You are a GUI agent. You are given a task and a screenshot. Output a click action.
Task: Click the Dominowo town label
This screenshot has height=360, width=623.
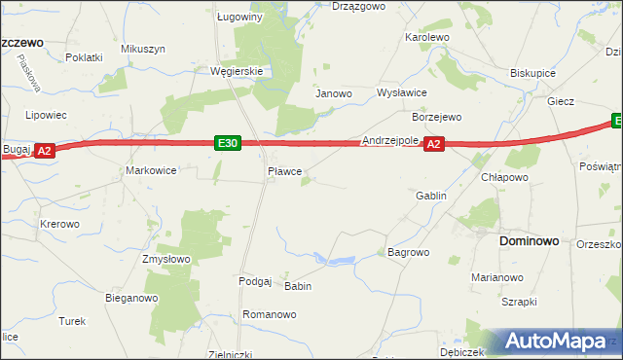pyautogui.click(x=529, y=239)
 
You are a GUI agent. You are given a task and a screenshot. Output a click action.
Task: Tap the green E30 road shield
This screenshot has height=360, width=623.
pyautogui.click(x=228, y=144)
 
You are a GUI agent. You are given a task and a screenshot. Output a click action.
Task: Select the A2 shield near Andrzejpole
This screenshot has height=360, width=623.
pyautogui.click(x=434, y=144)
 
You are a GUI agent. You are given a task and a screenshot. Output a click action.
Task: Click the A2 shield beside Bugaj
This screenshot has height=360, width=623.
pyautogui.click(x=45, y=151)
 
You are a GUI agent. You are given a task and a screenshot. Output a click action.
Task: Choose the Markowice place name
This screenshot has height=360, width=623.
pyautogui.click(x=151, y=170)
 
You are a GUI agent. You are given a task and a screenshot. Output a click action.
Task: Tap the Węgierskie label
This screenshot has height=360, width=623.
pyautogui.click(x=238, y=71)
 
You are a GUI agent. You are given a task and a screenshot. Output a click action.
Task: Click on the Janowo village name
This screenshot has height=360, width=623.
pyautogui.click(x=333, y=94)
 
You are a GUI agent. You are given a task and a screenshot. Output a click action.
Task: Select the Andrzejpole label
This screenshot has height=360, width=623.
pyautogui.click(x=389, y=140)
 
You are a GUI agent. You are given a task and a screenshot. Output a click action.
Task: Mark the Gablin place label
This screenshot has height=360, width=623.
pyautogui.click(x=430, y=196)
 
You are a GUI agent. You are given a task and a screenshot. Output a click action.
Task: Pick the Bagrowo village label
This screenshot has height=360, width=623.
pyautogui.click(x=408, y=252)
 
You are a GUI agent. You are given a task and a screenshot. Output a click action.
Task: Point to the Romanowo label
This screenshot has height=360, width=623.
pyautogui.click(x=269, y=315)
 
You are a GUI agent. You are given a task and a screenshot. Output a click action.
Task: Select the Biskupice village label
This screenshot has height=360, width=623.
pyautogui.click(x=532, y=73)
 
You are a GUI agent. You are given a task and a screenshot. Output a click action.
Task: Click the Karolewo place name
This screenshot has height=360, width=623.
pyautogui.click(x=426, y=37)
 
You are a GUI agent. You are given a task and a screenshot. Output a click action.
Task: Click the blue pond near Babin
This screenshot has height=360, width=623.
pyautogui.click(x=341, y=261)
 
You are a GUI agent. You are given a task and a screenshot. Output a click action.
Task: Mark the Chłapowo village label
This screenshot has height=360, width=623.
pyautogui.click(x=504, y=178)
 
